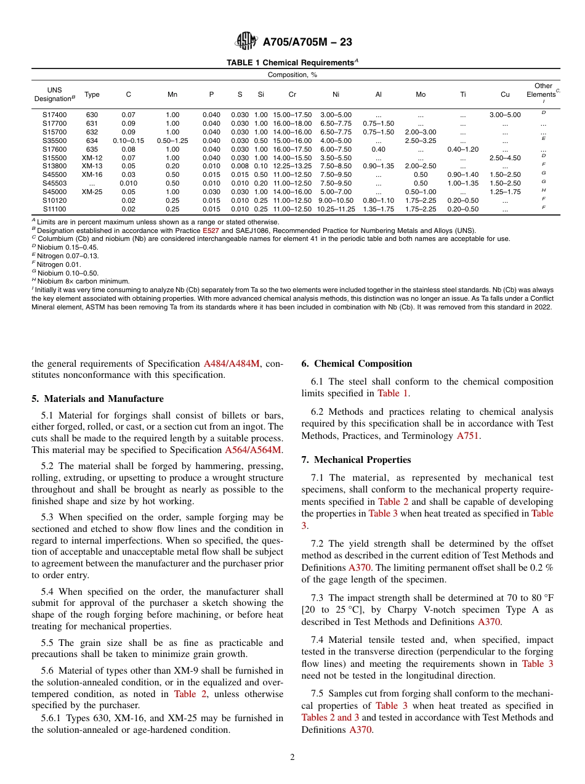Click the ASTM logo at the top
[x=246, y=42]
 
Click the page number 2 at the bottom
[x=292, y=757]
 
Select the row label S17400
[x=55, y=115]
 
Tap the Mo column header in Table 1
[x=421, y=95]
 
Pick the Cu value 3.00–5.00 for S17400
[x=505, y=115]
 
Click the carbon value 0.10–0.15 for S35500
[x=129, y=141]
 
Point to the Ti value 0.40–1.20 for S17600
[x=462, y=149]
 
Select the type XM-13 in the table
[x=92, y=166]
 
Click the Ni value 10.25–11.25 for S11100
[x=336, y=209]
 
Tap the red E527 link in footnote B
[x=211, y=231]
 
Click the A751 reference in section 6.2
[x=467, y=436]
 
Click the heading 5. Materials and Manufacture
[x=97, y=399]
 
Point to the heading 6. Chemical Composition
[x=357, y=364]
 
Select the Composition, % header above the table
[x=292, y=75]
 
